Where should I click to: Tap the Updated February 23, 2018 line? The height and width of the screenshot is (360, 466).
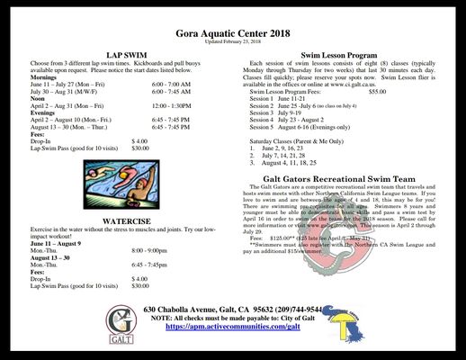tap(234, 41)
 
